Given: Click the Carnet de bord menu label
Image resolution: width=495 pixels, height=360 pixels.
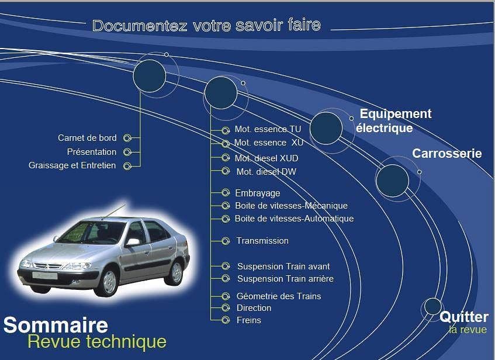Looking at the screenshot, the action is click(x=87, y=138).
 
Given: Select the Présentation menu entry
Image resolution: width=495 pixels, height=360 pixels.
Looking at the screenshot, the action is click(x=92, y=152).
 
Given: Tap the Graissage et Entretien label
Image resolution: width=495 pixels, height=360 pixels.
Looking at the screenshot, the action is click(x=72, y=165).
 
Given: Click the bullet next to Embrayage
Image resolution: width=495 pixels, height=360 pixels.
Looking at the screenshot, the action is click(x=226, y=193).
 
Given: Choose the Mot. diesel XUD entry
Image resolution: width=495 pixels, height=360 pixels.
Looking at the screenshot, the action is click(x=266, y=158).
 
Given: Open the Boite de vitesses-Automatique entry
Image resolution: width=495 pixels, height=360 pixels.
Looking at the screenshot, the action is click(x=294, y=219).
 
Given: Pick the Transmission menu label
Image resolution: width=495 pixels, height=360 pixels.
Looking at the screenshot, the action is click(x=262, y=241).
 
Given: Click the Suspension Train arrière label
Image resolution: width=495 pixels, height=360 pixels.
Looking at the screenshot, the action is click(x=285, y=279).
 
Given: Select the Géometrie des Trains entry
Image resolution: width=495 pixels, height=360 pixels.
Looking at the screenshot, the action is click(x=279, y=296).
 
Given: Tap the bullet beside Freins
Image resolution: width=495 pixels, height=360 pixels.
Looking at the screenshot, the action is click(x=226, y=320).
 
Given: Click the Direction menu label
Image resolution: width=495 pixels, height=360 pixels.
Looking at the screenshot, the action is click(x=254, y=308).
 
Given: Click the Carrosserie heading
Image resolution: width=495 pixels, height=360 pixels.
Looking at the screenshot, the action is click(x=446, y=154).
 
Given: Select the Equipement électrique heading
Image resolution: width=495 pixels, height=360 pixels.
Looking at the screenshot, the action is click(x=394, y=120).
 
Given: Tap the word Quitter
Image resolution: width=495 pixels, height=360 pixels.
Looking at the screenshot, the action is click(x=464, y=317).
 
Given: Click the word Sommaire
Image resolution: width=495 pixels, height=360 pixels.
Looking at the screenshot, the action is click(x=56, y=326).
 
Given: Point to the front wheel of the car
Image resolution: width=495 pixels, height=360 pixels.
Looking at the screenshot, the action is click(x=109, y=282).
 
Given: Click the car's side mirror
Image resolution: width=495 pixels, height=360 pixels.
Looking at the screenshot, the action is click(x=133, y=242).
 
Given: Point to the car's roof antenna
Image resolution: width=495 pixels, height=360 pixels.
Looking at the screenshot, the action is click(x=113, y=211).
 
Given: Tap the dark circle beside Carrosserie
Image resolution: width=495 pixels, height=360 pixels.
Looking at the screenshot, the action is click(x=392, y=181).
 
